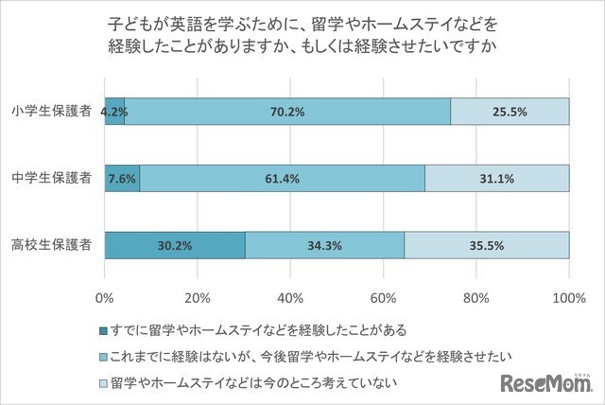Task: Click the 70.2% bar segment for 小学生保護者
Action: pos(286,111)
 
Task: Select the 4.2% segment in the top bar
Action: pos(114,111)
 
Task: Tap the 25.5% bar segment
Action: pos(510,111)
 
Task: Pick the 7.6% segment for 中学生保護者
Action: pos(122,178)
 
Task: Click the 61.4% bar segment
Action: pos(282,178)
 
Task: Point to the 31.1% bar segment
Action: pos(497,178)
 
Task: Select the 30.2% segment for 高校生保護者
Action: pos(175,245)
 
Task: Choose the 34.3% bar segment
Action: pos(324,245)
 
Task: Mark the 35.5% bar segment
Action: pos(487,245)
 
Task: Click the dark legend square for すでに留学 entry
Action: pos(104,330)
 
